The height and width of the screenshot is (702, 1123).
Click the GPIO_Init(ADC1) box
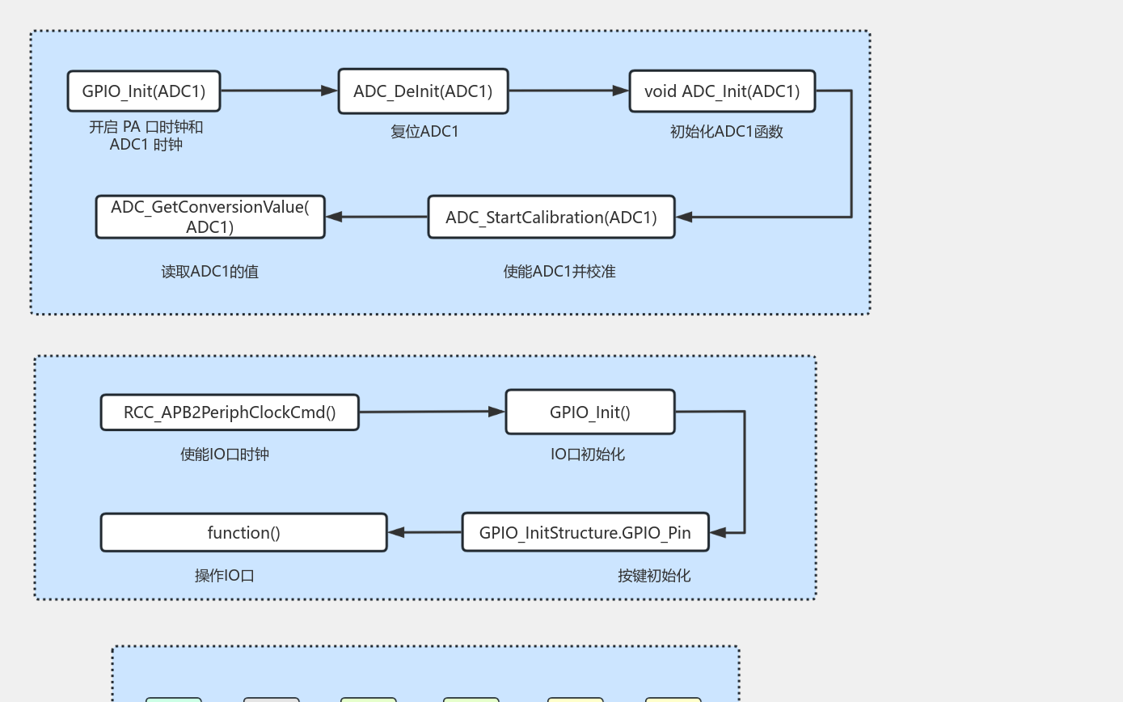[x=144, y=91]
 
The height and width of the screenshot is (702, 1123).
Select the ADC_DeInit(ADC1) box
[x=423, y=91]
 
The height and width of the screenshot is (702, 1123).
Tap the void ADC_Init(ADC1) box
[x=722, y=91]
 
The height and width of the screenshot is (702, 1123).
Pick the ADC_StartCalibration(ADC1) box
[x=551, y=218]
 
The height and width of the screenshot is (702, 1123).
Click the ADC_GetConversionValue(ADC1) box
[x=210, y=217]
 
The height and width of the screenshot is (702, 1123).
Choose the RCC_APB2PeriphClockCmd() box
[x=230, y=412]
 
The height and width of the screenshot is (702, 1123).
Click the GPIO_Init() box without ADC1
[x=590, y=412]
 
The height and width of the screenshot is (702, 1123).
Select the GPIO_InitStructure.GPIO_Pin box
[x=585, y=533]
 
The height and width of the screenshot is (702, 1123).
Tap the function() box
[x=244, y=533]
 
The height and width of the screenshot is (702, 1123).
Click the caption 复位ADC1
[x=424, y=132]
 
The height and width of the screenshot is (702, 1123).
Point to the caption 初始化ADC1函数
[x=726, y=132]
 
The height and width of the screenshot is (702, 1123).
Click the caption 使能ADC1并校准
[x=559, y=272]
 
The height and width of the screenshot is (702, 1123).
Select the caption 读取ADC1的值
[x=210, y=272]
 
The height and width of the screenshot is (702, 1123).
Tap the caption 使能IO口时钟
[x=225, y=455]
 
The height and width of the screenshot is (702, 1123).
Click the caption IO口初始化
[x=588, y=455]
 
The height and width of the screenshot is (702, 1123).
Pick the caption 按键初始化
[x=654, y=576]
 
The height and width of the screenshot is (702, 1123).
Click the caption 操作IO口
[x=225, y=576]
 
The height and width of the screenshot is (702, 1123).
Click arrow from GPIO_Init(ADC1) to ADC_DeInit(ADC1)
[x=279, y=91]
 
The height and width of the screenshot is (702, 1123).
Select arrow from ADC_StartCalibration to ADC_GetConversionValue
[x=377, y=217]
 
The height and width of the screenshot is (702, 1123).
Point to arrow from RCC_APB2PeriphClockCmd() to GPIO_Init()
[x=432, y=412]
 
